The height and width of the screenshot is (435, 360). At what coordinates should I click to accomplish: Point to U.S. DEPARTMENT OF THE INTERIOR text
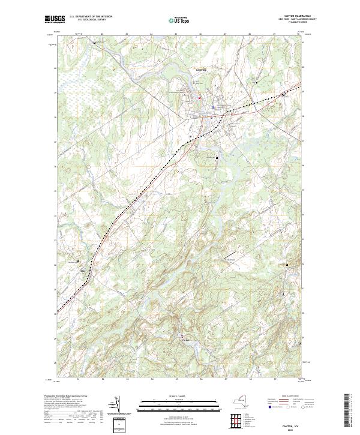90,17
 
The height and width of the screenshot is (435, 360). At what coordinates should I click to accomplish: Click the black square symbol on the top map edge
95,43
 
